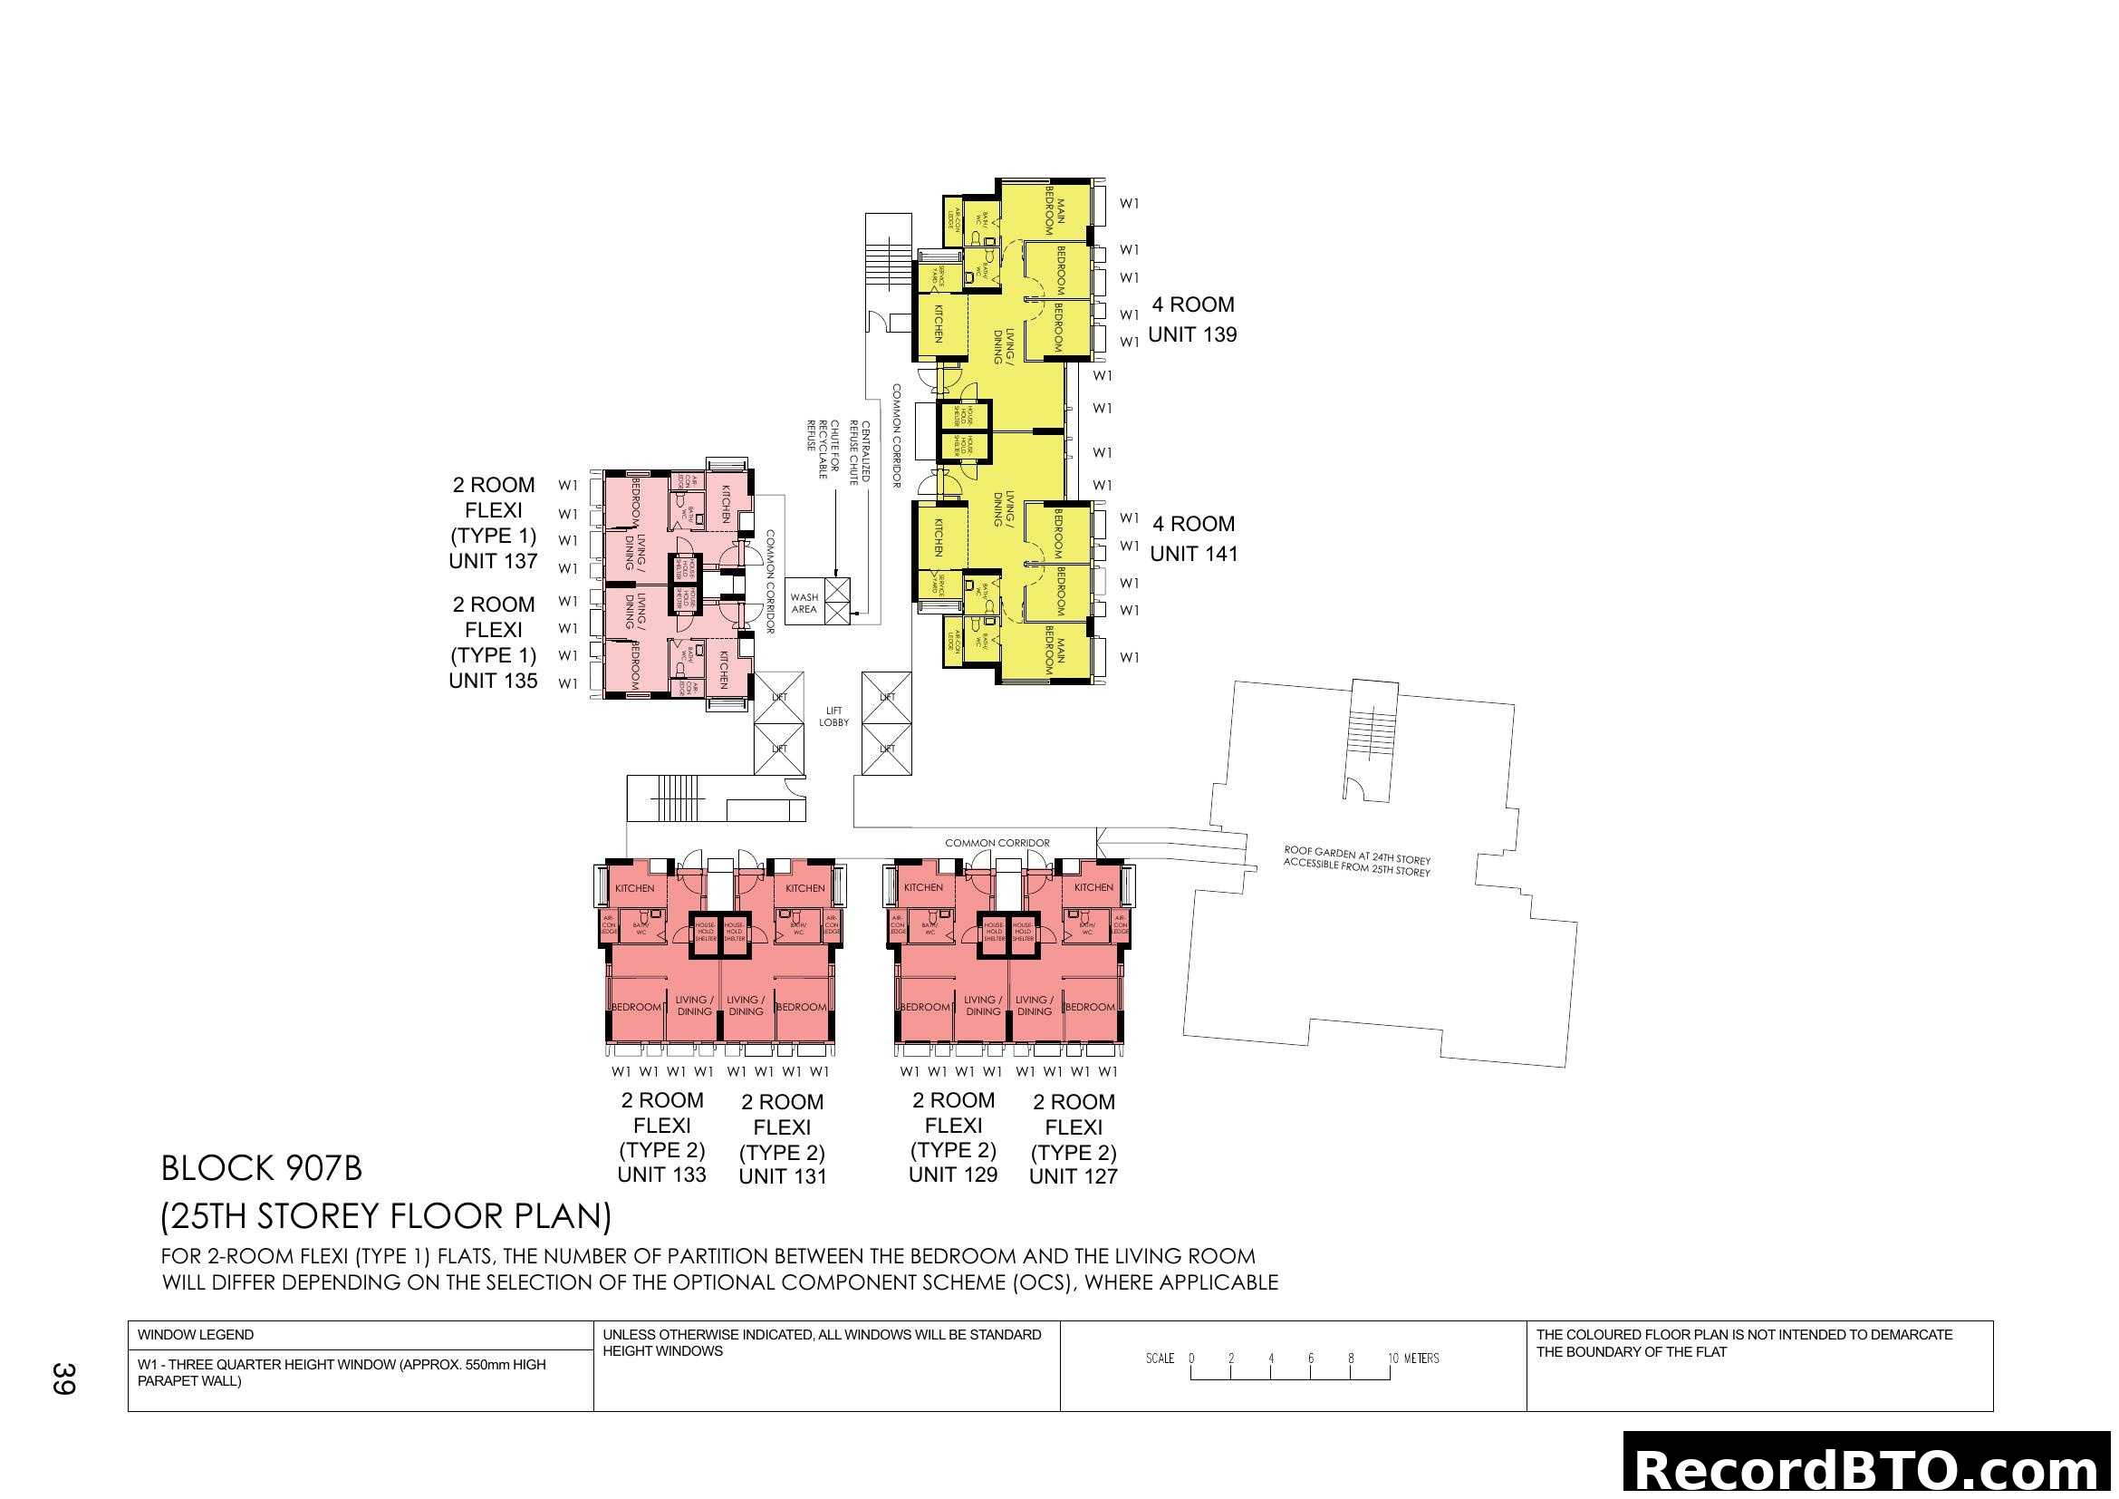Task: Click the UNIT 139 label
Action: [1191, 335]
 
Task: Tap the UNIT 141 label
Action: [1193, 554]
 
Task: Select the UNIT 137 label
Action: [493, 561]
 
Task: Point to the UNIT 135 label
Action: [493, 682]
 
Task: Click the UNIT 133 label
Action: [661, 1175]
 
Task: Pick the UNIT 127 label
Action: [1074, 1177]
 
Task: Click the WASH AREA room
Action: [804, 604]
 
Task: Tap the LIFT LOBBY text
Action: [833, 717]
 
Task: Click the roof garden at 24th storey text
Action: [1357, 861]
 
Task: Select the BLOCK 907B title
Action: [261, 1168]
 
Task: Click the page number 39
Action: [63, 1378]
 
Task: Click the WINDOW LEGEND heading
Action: [196, 1335]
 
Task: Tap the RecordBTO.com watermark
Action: [1870, 1469]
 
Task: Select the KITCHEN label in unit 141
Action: [938, 537]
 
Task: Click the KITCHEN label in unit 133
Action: [635, 888]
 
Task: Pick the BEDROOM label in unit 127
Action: [1090, 1007]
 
